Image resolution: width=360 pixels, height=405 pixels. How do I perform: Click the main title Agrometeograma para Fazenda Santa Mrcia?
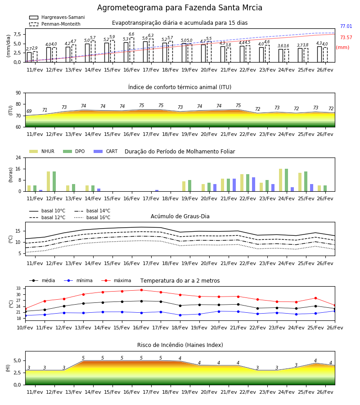pyautogui.click(x=180, y=8)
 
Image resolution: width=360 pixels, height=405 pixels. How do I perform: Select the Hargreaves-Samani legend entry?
pyautogui.click(x=57, y=17)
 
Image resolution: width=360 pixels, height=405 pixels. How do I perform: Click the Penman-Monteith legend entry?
pyautogui.click(x=55, y=24)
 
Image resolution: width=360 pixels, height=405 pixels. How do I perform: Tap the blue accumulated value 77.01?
pyautogui.click(x=346, y=26)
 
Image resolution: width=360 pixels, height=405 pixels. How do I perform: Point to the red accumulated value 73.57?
pyautogui.click(x=346, y=37)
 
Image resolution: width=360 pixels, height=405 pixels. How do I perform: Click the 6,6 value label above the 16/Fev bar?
pyautogui.click(x=131, y=34)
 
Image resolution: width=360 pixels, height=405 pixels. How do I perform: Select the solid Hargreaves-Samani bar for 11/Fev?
pyautogui.click(x=29, y=57)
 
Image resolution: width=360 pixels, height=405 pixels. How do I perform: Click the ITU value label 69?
pyautogui.click(x=29, y=111)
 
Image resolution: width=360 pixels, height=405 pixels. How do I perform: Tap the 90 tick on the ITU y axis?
pyautogui.click(x=18, y=93)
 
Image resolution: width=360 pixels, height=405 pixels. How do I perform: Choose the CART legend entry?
pyautogui.click(x=106, y=151)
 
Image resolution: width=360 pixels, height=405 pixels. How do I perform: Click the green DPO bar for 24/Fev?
pyautogui.click(x=286, y=180)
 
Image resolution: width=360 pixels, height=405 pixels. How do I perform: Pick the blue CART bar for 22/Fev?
pyautogui.click(x=254, y=184)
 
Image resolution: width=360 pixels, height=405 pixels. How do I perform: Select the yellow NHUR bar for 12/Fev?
pyautogui.click(x=48, y=181)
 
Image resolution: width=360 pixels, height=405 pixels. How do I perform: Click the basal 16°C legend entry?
pyautogui.click(x=92, y=217)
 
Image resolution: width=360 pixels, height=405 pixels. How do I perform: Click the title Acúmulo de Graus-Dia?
pyautogui.click(x=180, y=216)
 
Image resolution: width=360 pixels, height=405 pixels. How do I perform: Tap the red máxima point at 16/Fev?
pyautogui.click(x=141, y=290)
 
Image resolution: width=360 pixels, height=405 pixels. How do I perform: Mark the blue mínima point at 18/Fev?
pyautogui.click(x=180, y=315)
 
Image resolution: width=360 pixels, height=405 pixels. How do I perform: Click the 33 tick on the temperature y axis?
pyautogui.click(x=19, y=288)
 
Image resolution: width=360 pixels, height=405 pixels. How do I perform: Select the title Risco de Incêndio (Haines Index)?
pyautogui.click(x=180, y=345)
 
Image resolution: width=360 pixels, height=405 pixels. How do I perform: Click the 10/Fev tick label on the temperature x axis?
pyautogui.click(x=25, y=328)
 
